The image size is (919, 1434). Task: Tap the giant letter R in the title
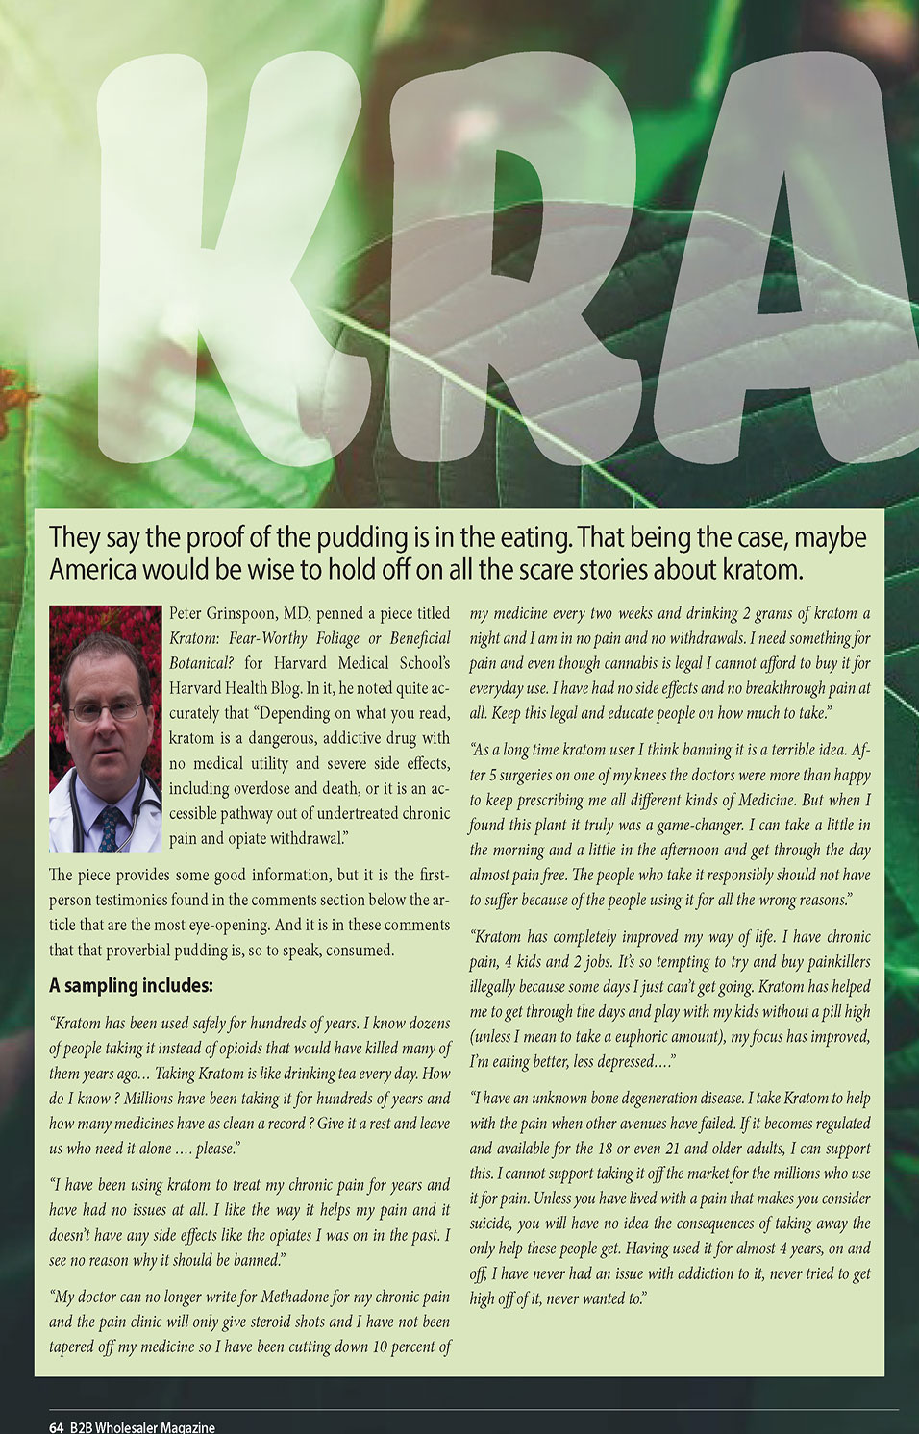481,260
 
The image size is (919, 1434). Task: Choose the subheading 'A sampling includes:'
131,986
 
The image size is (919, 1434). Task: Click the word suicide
491,1224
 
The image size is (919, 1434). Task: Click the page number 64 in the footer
57,1427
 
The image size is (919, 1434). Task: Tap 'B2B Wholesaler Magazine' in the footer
142,1427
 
